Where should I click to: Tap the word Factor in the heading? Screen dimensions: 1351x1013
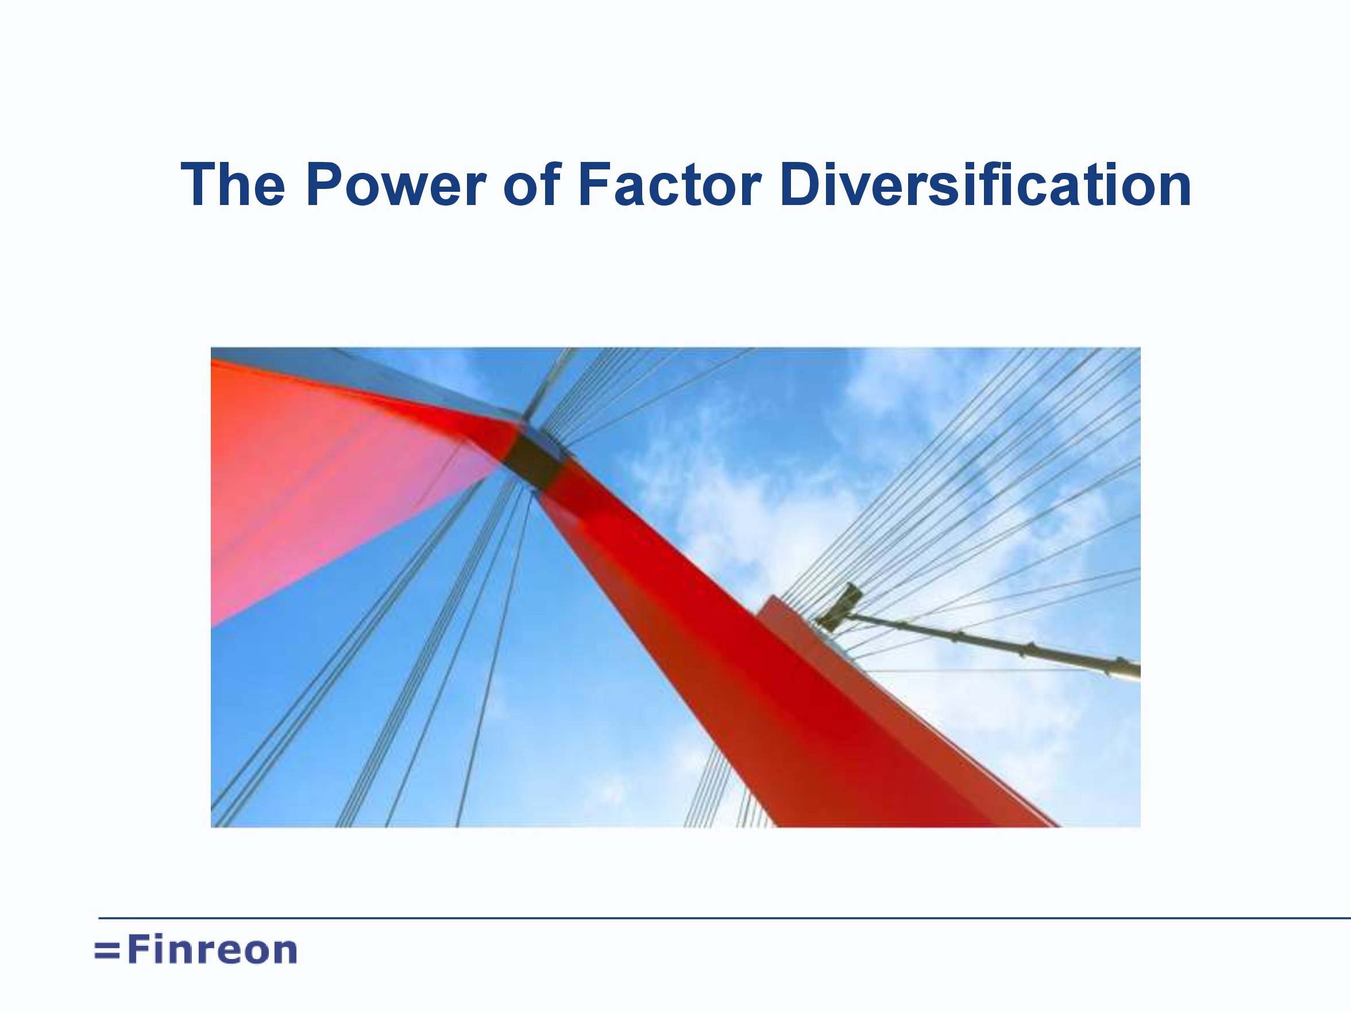click(669, 184)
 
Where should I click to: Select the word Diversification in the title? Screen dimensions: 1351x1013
click(985, 184)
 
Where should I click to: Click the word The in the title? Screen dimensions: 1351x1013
click(233, 184)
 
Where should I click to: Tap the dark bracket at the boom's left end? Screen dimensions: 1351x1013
click(838, 608)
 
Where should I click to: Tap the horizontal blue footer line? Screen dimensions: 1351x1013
click(724, 917)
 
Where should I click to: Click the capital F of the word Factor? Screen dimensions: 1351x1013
click(595, 184)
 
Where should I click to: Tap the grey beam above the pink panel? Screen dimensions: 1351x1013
click(366, 382)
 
